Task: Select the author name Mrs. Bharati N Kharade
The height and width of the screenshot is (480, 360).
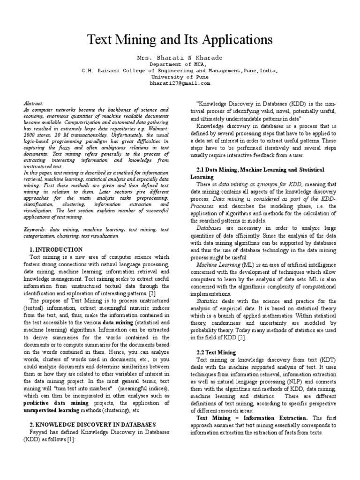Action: pos(180,58)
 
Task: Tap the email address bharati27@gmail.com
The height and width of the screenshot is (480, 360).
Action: pos(180,83)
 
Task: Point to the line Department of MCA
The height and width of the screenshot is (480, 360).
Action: pos(180,64)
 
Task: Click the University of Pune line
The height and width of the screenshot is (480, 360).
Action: pos(180,77)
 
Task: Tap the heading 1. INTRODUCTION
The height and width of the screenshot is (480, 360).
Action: pos(56,250)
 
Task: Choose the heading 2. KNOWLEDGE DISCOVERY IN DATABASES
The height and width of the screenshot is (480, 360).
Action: pos(88,424)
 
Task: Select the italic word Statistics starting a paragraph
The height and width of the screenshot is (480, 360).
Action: pos(206,301)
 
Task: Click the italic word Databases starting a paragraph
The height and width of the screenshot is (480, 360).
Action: pos(209,228)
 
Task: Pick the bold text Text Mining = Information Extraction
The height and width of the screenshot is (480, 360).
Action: pos(252,418)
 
